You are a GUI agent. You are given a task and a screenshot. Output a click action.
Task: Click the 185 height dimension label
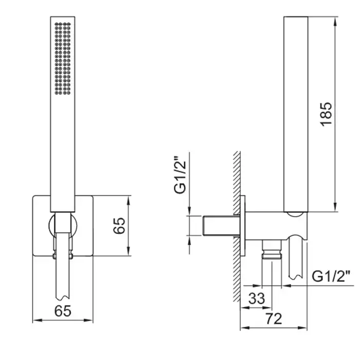coord(326,114)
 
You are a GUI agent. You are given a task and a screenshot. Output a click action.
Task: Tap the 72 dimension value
coord(274,319)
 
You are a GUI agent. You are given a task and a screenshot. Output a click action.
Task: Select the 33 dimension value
coord(257,298)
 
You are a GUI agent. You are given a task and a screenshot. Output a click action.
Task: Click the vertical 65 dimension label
coord(119,225)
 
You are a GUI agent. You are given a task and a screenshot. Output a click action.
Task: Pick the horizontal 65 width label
coord(63,311)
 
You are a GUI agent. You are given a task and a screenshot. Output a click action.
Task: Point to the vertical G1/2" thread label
coord(180,175)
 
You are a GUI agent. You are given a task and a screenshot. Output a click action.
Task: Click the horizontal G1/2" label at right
coord(331,276)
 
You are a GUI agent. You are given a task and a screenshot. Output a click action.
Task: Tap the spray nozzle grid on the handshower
coord(62,59)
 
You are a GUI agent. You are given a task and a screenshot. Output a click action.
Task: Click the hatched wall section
coord(237,226)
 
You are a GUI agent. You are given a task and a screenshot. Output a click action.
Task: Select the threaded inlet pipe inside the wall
coord(221,226)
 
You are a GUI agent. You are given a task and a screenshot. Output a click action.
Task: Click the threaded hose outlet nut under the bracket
coord(272,249)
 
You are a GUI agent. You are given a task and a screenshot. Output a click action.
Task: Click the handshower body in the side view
coord(296,114)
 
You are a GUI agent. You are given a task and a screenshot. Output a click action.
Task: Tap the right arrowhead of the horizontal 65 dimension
coord(88,320)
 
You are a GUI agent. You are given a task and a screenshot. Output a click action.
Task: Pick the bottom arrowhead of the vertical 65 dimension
coord(129,251)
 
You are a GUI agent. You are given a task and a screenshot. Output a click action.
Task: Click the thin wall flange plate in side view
coord(242,226)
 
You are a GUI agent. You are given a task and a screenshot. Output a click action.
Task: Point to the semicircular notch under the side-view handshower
coord(296,214)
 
